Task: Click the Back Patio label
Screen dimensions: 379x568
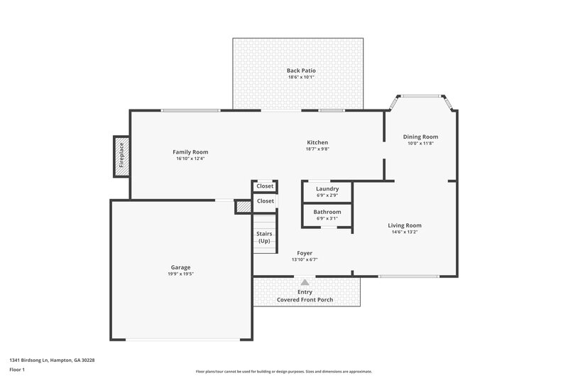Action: click(x=301, y=70)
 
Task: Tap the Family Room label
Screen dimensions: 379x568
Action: click(x=190, y=151)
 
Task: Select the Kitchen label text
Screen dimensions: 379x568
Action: click(x=317, y=142)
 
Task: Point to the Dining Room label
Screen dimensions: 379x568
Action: click(x=420, y=137)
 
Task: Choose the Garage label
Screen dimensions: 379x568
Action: click(x=180, y=267)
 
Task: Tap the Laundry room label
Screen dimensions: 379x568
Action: click(x=327, y=188)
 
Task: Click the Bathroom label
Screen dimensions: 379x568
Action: click(x=327, y=212)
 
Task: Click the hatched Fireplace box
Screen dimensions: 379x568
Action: click(x=121, y=156)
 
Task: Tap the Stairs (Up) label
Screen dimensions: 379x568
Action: click(x=263, y=237)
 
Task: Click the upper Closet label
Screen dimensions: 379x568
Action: click(x=265, y=186)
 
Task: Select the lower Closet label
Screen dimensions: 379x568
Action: click(x=265, y=201)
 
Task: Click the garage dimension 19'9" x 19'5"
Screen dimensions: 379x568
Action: click(x=180, y=274)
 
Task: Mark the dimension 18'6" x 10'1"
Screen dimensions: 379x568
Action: click(x=301, y=78)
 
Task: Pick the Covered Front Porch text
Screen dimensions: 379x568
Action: click(x=305, y=300)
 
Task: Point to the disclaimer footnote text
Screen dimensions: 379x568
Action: click(x=284, y=371)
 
